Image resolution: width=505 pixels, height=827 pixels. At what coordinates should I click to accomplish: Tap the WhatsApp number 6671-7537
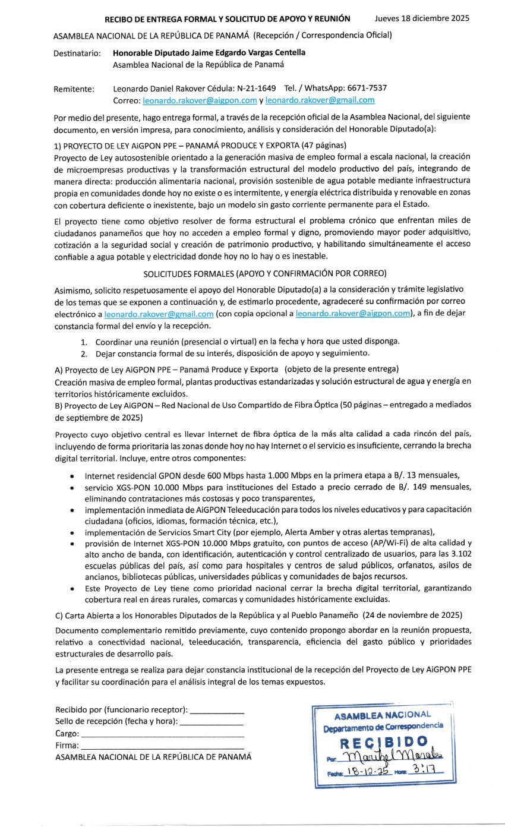(x=368, y=89)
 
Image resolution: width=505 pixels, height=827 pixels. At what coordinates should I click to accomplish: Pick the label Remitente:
(x=74, y=89)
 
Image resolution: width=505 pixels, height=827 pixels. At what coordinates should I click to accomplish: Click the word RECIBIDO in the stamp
(x=384, y=743)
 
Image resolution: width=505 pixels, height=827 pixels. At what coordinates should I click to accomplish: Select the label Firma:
(x=67, y=745)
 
